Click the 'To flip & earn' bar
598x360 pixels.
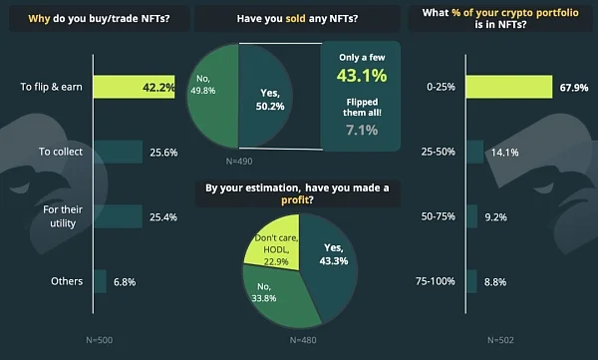[135, 87]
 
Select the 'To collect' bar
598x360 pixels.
[119, 152]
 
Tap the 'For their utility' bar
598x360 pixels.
[119, 216]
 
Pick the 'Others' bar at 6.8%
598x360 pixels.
[100, 281]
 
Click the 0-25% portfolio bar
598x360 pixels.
[509, 87]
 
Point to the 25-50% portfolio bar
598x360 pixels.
[474, 152]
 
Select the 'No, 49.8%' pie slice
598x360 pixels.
[213, 96]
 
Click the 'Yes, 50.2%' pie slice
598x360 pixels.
[265, 96]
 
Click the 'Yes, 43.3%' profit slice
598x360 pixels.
[330, 263]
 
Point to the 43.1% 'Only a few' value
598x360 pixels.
[362, 75]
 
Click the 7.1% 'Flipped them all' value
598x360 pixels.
[362, 131]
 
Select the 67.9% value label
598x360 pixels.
[574, 88]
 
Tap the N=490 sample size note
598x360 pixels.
[239, 162]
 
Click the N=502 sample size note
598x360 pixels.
[500, 340]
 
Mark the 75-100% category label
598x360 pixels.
[436, 281]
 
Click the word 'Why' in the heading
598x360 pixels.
[39, 18]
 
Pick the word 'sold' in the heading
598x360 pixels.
[296, 18]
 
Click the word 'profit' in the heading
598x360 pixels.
[295, 199]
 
